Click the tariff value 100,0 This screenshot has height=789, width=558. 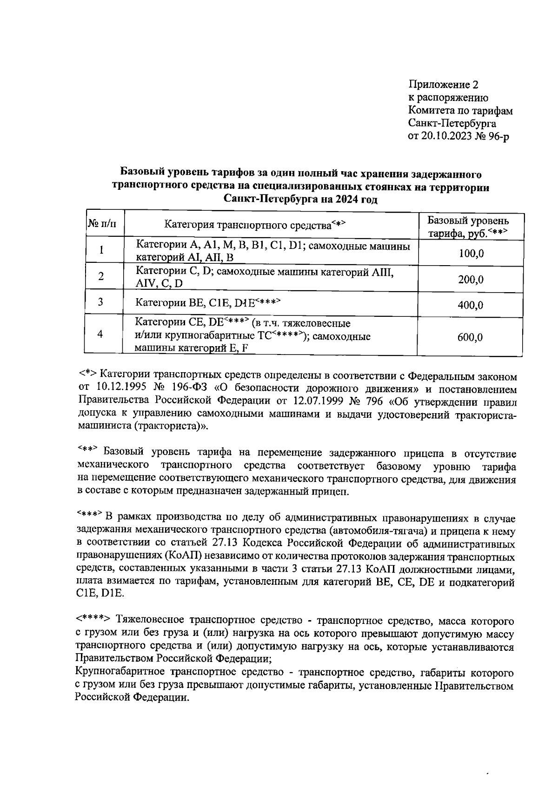[471, 254]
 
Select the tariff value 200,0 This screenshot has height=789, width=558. [471, 280]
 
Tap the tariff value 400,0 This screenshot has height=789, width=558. [471, 305]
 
